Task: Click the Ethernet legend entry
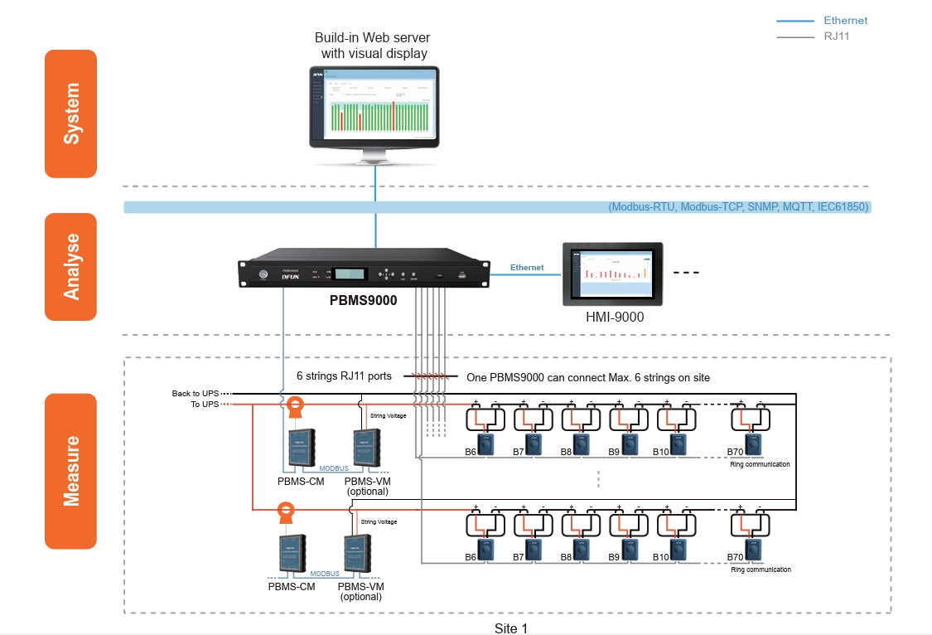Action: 845,21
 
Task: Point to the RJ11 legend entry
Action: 836,36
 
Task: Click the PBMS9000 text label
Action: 364,302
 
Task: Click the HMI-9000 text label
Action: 614,317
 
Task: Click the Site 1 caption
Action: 510,628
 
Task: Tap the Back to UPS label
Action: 193,393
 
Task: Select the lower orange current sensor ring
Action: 285,510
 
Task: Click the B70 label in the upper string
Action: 735,452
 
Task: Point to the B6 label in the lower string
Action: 471,557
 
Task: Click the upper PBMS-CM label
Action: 300,481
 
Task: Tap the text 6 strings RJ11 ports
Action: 344,376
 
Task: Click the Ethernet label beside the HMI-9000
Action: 527,268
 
